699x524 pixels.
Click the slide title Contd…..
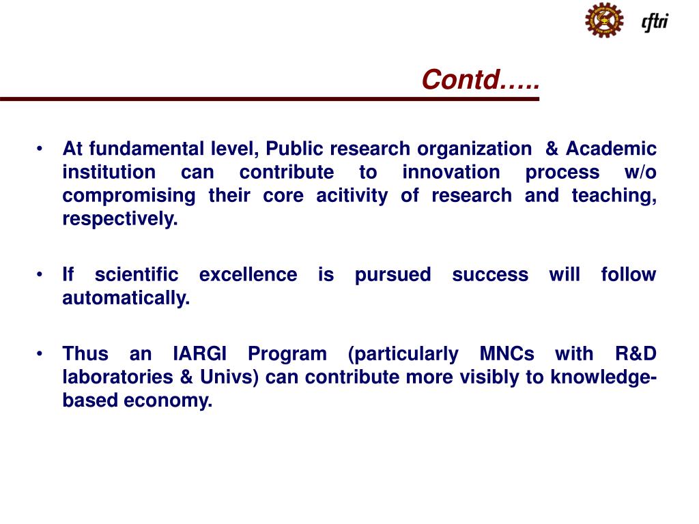point(480,80)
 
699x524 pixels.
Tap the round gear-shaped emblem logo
point(603,20)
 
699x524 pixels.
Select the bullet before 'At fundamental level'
point(40,149)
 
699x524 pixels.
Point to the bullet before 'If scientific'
point(40,275)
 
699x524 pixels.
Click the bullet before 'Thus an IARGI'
point(40,354)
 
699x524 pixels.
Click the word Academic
point(611,149)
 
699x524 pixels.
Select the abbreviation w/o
point(640,172)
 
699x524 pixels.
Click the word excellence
point(248,275)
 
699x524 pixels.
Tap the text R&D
point(636,354)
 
